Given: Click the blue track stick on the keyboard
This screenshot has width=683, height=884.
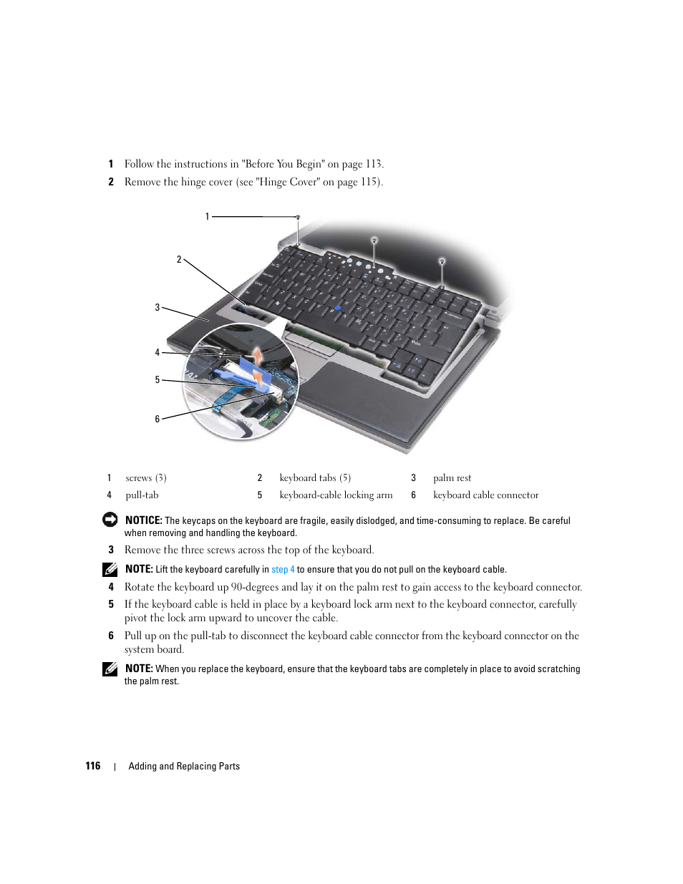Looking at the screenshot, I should pos(337,308).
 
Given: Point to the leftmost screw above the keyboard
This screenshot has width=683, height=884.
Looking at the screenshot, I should pos(298,217).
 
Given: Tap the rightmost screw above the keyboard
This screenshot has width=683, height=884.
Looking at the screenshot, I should pos(442,261).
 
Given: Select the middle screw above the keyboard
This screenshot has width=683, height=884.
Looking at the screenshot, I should pos(374,240).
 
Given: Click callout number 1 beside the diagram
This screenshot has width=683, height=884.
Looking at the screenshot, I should pos(208,216).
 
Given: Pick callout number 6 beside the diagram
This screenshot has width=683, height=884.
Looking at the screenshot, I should pos(158,419).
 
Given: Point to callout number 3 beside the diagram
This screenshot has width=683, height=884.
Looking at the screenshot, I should pos(158,308).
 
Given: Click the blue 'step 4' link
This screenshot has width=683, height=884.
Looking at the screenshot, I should pos(283,570).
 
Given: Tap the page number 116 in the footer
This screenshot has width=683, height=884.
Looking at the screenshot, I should pos(93,766).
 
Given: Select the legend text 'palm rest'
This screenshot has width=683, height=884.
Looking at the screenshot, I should pos(452,478).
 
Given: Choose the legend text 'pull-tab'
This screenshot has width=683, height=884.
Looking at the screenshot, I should pos(142,495).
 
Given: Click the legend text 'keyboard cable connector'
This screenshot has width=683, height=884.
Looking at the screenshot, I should pos(485,495).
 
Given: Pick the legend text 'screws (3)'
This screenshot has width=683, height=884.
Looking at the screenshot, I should pos(146,478).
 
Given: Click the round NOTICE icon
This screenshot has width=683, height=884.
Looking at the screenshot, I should pos(110,520).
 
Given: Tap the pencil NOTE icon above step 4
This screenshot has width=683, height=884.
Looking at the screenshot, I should pos(110,570).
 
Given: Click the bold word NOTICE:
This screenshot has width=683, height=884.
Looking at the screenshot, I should pos(143,520).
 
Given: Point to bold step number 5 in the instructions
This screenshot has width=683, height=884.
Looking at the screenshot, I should pos(111,604).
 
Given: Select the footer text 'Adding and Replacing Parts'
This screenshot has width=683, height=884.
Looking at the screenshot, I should pos(184,766).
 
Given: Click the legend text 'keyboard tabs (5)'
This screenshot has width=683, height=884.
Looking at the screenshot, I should pos(315,478).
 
